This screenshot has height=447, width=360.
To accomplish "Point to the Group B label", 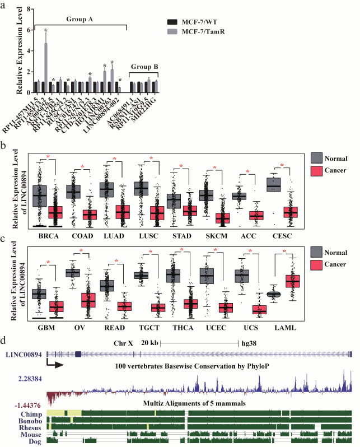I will point(145,67).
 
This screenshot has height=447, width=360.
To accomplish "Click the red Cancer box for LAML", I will point(293,281).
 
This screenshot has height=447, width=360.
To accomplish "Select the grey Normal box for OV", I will point(73,273).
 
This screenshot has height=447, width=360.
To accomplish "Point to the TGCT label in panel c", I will point(148,330).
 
